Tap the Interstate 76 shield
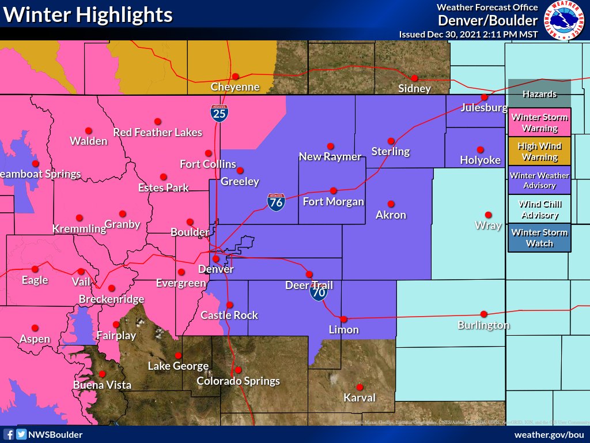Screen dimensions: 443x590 point(276,201)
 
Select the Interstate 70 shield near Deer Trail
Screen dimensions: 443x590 point(319,291)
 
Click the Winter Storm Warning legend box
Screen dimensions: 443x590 point(539,122)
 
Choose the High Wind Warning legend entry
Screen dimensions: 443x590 point(539,151)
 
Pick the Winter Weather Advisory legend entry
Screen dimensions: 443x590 point(539,180)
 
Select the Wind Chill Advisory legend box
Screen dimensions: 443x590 point(539,209)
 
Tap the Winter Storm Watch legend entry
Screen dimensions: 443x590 point(539,238)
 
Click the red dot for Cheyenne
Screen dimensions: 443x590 point(235,76)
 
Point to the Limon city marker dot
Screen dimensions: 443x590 point(343,319)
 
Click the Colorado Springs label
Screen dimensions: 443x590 point(238,381)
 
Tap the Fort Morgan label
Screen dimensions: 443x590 point(333,201)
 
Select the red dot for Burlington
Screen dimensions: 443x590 point(483,314)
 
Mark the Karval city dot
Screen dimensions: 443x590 point(360,387)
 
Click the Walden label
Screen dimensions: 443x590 point(88,141)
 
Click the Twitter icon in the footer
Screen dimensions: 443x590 point(21,434)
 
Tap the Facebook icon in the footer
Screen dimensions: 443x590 point(9,434)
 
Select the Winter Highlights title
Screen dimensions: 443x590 point(88,14)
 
